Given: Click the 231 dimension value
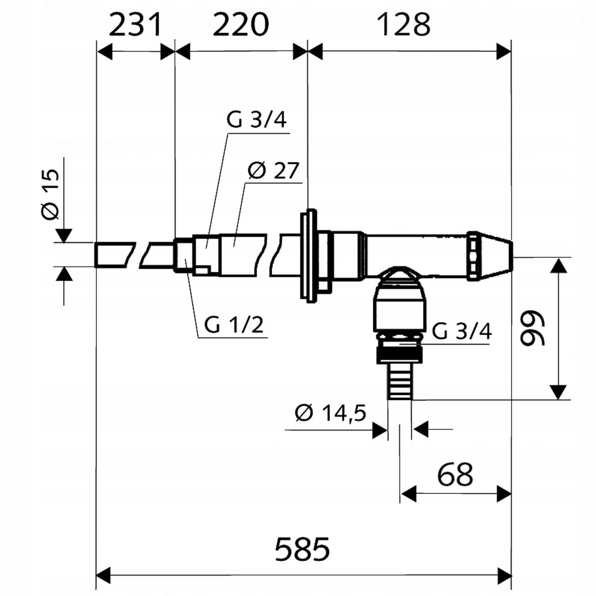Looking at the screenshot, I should (135, 25).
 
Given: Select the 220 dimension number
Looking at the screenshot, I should (241, 25).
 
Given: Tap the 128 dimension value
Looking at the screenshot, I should (403, 25).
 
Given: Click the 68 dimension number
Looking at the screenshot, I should (455, 474).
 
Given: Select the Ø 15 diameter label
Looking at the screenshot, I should (50, 194).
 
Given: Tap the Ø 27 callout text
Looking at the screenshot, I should (273, 171).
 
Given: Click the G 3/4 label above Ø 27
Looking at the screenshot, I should (256, 121).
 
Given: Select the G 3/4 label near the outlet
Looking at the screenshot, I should (461, 331).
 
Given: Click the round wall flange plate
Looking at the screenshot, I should (309, 255).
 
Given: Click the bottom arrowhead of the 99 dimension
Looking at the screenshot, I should (559, 392).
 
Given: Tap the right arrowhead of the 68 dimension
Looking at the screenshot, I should (504, 494).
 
